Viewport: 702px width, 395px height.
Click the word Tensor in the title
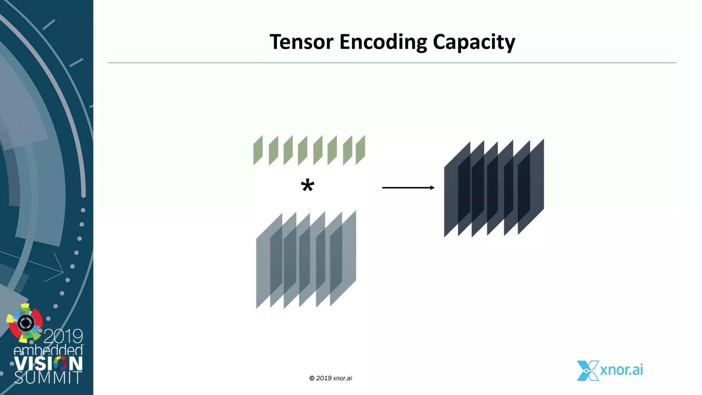[301, 42]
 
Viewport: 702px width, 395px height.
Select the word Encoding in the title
[383, 43]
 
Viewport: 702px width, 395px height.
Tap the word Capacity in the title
[474, 43]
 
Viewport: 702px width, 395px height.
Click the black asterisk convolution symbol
[307, 186]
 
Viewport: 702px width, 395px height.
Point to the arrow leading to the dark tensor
[408, 188]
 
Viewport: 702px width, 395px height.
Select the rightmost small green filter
[360, 150]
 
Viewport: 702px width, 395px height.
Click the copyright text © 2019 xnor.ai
[330, 378]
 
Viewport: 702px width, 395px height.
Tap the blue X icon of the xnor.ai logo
[588, 371]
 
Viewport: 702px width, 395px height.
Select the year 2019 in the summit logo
[63, 336]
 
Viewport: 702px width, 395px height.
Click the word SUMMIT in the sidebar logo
[48, 378]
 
